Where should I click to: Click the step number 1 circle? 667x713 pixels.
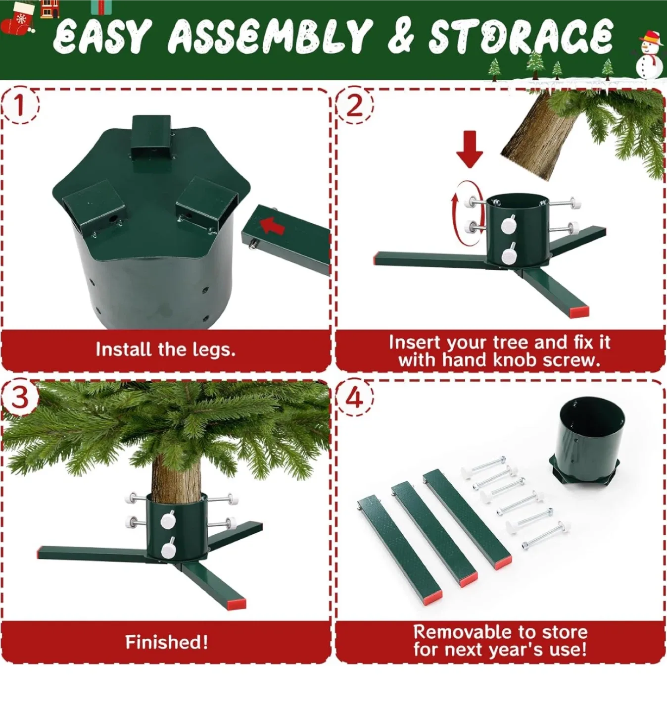pyautogui.click(x=19, y=105)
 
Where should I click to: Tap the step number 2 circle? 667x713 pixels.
pyautogui.click(x=354, y=105)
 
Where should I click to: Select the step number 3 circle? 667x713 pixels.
pyautogui.click(x=19, y=397)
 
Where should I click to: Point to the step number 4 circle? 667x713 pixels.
pyautogui.click(x=354, y=397)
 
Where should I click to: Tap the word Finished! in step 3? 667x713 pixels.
pyautogui.click(x=166, y=642)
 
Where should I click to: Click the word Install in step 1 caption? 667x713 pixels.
pyautogui.click(x=123, y=350)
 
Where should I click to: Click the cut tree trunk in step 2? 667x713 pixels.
pyautogui.click(x=535, y=134)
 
